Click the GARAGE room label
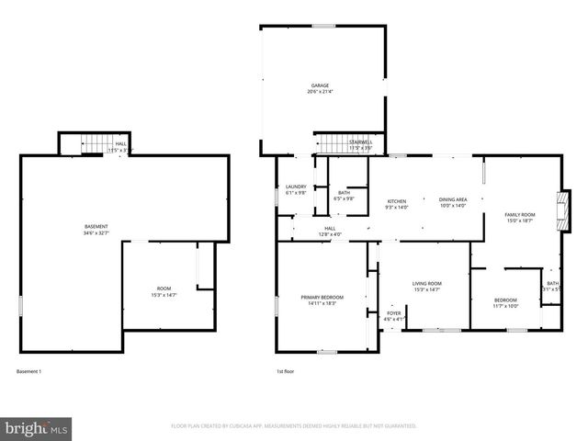click(320, 87)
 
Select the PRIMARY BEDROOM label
click(322, 297)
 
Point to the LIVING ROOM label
click(427, 283)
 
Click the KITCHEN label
click(397, 200)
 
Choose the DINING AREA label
click(453, 200)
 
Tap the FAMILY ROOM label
click(519, 214)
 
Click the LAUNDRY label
click(296, 187)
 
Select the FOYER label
click(393, 313)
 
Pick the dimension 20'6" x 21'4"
click(320, 93)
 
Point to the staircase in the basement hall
click(93, 145)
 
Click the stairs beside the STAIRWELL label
click(332, 144)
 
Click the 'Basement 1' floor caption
click(29, 371)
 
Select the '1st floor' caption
click(287, 371)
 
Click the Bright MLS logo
click(37, 428)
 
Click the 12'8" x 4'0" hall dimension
click(331, 233)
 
